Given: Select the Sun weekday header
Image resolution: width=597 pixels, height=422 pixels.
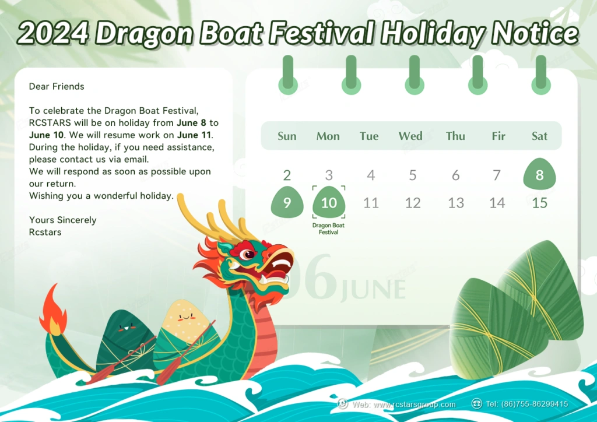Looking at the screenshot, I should (287, 136).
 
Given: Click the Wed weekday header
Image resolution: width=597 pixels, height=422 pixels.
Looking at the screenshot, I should (410, 136).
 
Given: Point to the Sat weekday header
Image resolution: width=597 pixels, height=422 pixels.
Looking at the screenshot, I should (540, 136).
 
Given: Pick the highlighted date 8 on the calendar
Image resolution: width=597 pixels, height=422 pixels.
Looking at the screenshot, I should (540, 175).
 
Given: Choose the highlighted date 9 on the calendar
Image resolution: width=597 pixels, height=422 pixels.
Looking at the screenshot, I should (287, 203).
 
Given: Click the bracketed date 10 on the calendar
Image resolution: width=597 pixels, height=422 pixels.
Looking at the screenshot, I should (329, 203).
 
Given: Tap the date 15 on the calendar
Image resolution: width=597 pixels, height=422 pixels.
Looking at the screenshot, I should (540, 203).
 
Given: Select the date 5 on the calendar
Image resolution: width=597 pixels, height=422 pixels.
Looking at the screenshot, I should (413, 175).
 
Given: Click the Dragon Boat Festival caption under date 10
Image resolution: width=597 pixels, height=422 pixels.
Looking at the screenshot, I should (329, 228).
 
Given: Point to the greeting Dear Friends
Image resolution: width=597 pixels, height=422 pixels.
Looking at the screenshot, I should (57, 86).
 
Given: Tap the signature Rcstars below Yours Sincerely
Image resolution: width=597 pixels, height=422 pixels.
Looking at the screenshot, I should (45, 232).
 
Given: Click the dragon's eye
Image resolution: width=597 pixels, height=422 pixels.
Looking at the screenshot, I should (249, 254).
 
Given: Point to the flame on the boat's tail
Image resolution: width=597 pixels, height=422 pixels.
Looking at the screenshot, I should (52, 309).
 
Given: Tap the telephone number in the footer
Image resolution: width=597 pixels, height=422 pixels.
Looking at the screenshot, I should (533, 404).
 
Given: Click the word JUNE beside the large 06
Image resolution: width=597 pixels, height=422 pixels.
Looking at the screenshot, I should (373, 290).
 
